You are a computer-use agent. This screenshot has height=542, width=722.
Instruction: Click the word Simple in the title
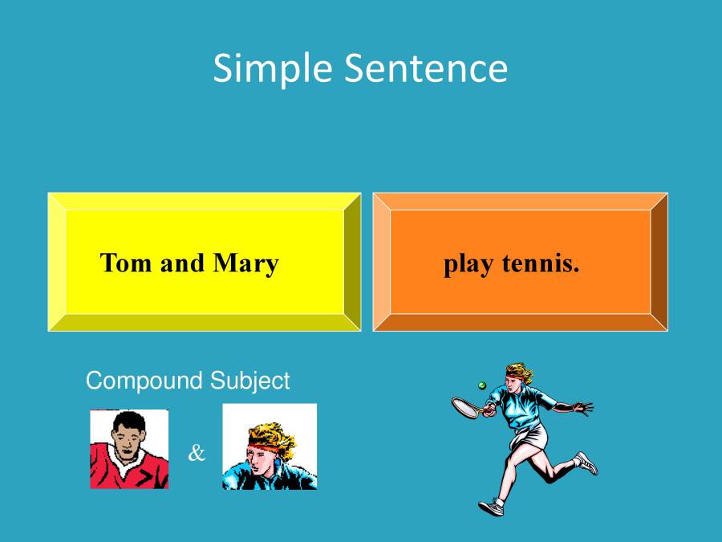click(x=274, y=69)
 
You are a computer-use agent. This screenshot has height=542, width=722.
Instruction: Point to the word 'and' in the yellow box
click(x=182, y=263)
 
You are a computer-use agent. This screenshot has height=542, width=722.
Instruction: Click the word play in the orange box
click(x=469, y=264)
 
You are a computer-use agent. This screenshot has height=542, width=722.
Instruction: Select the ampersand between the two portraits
click(x=197, y=454)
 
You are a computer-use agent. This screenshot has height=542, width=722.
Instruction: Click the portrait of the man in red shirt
click(x=129, y=449)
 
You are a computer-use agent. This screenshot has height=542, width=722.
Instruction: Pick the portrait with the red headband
click(x=270, y=446)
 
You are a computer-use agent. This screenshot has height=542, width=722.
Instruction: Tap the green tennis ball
click(x=482, y=385)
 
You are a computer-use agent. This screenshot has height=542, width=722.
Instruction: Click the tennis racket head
click(x=464, y=407)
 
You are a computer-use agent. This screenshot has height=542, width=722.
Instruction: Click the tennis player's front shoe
click(x=491, y=507)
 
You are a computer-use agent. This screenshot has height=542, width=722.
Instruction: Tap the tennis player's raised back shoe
click(x=586, y=463)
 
